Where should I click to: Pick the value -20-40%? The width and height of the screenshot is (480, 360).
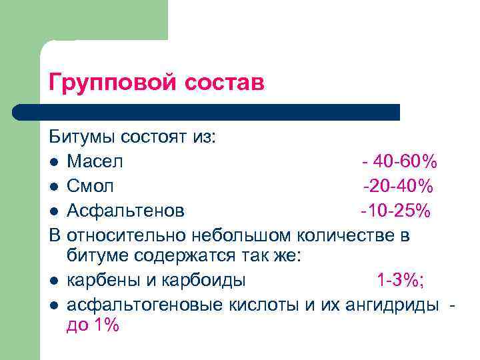[x=398, y=187]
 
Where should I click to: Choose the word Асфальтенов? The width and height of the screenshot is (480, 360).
[x=126, y=211]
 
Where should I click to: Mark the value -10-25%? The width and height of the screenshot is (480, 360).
[x=395, y=211]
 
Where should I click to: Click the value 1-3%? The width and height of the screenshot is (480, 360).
[x=400, y=281]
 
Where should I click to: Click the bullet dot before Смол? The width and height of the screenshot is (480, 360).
[x=53, y=187]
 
